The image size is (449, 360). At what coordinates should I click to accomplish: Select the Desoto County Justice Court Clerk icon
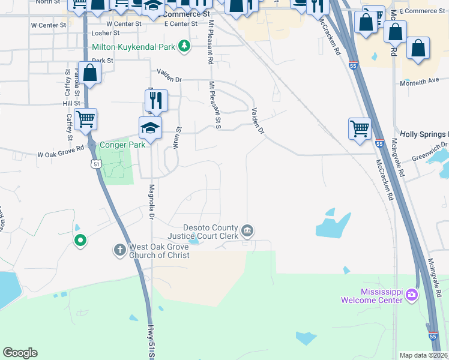point(247,230)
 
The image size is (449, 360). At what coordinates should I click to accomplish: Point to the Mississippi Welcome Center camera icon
point(411,295)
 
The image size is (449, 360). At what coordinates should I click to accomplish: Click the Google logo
point(20,353)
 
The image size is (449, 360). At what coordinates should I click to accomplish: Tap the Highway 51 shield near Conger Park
point(96,163)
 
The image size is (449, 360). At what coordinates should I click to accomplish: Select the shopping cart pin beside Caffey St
point(86,119)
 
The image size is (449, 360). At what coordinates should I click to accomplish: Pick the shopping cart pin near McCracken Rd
point(360,128)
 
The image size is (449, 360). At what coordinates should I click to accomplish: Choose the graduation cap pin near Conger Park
point(150,127)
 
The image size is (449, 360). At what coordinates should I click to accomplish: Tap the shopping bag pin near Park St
point(90,73)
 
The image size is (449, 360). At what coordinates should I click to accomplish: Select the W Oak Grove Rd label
point(60,153)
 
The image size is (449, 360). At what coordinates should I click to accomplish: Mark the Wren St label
point(178,138)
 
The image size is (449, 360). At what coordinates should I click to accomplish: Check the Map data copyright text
point(423,355)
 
